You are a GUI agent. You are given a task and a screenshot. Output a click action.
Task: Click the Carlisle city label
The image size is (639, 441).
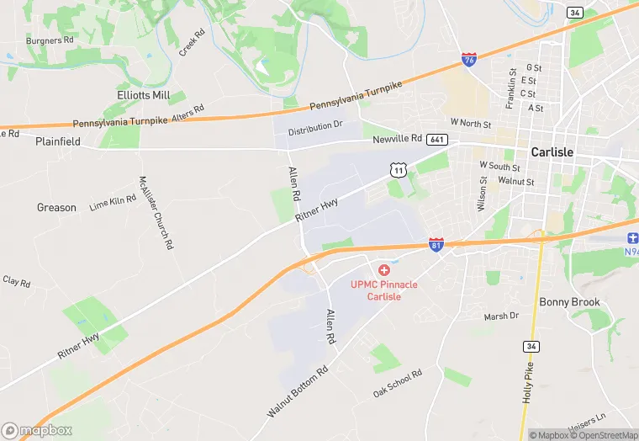point(552,152)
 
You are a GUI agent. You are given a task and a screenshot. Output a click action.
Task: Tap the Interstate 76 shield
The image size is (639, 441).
point(469,60)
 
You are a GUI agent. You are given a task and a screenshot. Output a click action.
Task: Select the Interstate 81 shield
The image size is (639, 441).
point(436,245)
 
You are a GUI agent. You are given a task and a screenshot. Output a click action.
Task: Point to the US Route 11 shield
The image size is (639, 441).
point(399,169)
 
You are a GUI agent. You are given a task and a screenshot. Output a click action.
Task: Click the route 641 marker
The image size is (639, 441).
point(436,139)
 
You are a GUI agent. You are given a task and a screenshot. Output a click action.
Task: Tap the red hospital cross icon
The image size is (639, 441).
point(384,269)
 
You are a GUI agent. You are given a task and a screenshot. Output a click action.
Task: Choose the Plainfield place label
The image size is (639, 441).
point(58,142)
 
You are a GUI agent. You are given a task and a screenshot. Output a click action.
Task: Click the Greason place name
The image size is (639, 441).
point(56,207)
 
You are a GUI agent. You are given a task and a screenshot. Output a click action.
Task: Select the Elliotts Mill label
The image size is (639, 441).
point(144,95)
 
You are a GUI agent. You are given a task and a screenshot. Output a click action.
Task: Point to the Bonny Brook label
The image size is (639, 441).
point(569,302)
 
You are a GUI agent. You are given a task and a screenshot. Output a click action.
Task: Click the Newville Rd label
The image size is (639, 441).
point(398,138)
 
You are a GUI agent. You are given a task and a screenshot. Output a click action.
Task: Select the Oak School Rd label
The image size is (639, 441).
point(398,384)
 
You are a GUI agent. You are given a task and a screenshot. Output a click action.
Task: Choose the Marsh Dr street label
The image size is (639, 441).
point(501,316)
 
